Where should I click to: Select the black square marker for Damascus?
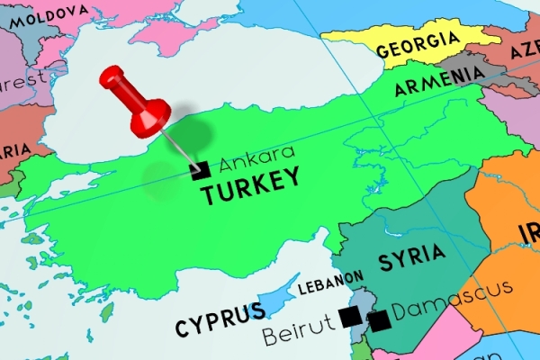(379, 319)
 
